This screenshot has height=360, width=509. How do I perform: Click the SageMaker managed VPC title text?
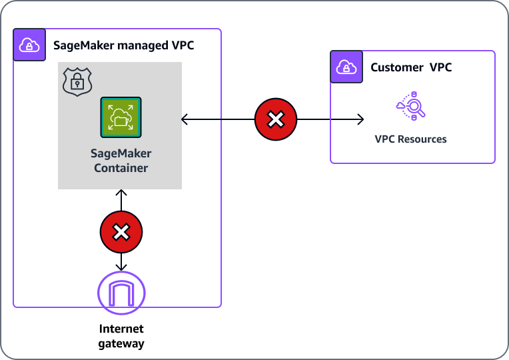coord(124,46)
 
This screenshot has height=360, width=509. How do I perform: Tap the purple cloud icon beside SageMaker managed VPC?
coord(30,45)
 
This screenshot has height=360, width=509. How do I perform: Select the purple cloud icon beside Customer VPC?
coord(346,67)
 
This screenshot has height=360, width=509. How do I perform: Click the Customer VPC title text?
coord(411,67)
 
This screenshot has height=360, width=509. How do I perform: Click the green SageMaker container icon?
coord(121,117)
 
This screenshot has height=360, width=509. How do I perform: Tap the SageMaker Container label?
coord(121,160)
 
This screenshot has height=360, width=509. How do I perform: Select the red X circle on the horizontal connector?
coord(276,120)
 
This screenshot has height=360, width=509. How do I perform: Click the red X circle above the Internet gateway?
coord(121,232)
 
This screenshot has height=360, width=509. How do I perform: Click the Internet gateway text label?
coord(121,336)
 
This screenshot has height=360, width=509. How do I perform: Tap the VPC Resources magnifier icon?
coord(411,107)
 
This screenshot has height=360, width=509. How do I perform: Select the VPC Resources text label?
coord(411,139)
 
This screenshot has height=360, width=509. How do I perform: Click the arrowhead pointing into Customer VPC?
coord(360,120)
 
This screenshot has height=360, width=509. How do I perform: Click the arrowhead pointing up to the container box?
coord(121,193)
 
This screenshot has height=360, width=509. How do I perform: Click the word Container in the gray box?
coord(121,167)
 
